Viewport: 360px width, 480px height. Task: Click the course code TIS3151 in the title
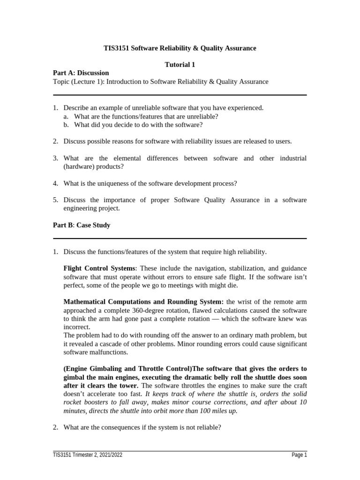(115, 48)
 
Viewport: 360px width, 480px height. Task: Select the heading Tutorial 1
(180, 65)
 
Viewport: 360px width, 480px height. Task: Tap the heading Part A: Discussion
(81, 73)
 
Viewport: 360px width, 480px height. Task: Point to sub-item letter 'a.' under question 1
(66, 116)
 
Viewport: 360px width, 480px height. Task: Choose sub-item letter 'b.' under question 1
(66, 125)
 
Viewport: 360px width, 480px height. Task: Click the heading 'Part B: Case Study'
(82, 225)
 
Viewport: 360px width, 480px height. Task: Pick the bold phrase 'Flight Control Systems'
(99, 268)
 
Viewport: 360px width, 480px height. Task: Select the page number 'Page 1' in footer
(299, 455)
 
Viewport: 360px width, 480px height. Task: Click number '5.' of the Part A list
(55, 200)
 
